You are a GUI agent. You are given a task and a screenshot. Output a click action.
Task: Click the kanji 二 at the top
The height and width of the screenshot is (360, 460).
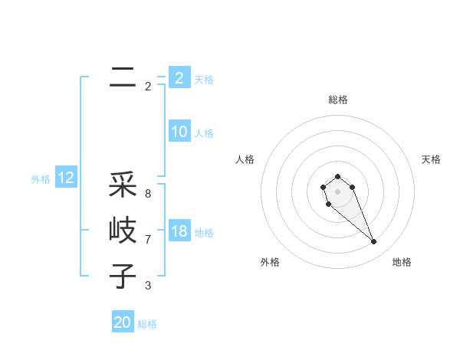(x=122, y=77)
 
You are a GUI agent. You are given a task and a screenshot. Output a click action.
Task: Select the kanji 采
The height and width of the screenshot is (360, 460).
(x=122, y=184)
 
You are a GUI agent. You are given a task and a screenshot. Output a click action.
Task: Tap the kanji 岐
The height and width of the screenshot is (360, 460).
(x=122, y=230)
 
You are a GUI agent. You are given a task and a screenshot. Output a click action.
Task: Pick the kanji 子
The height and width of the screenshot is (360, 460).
(x=122, y=276)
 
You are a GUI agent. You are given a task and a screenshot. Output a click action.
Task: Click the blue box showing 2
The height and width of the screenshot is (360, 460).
(x=179, y=77)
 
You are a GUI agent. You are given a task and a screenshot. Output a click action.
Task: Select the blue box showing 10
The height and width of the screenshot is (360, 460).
(x=179, y=132)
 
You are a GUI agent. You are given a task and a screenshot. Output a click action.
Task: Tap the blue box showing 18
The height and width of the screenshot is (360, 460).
(x=179, y=231)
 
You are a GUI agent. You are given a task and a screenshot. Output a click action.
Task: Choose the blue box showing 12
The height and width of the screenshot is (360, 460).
(x=65, y=178)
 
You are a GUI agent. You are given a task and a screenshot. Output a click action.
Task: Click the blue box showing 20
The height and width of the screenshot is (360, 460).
(x=122, y=322)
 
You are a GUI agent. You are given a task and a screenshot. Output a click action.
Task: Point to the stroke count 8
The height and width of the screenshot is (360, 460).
(x=148, y=194)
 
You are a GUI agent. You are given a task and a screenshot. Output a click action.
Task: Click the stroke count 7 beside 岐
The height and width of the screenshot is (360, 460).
(x=148, y=240)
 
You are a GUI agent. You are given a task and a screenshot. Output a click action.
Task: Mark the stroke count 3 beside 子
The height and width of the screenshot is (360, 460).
(x=148, y=286)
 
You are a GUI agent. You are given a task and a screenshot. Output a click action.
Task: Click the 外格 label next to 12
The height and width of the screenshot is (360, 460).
(x=41, y=179)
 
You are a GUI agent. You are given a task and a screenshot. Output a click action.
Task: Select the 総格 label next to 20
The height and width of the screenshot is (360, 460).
(x=147, y=324)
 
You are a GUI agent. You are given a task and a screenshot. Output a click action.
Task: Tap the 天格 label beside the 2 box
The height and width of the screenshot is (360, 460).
(x=204, y=79)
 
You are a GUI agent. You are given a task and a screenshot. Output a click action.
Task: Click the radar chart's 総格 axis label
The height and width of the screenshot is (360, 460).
(x=337, y=100)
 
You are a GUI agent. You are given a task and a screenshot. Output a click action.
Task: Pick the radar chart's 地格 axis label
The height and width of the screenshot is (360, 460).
(x=402, y=262)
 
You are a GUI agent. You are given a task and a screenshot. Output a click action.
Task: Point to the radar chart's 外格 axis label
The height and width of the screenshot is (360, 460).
(x=270, y=262)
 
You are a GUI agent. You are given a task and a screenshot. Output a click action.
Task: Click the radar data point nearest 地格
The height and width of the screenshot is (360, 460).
(x=373, y=242)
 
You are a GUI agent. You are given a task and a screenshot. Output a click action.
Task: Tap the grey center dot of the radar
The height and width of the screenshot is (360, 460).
(x=337, y=191)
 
